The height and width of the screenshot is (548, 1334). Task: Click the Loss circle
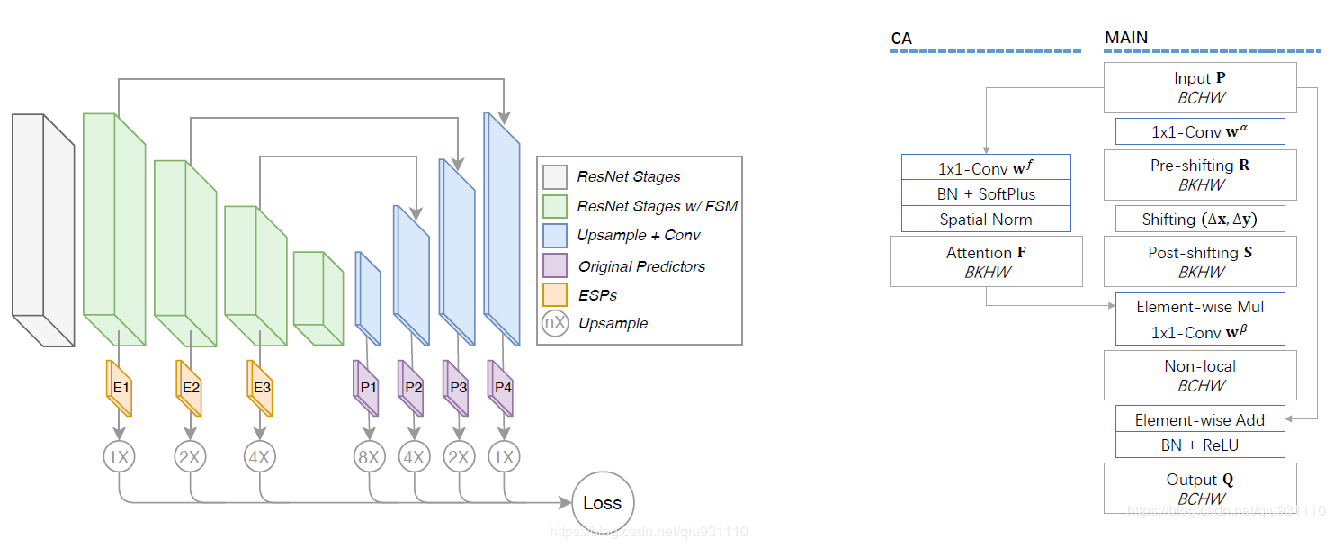[x=603, y=503]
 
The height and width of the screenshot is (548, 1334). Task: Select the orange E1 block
[x=119, y=388]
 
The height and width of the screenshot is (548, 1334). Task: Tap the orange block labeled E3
[x=260, y=388]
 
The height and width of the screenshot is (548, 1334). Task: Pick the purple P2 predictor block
[x=411, y=388]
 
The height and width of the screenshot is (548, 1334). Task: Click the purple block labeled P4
[x=500, y=388]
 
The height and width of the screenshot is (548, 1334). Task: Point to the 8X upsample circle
[x=369, y=457]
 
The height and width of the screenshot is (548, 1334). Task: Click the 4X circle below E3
[x=260, y=457]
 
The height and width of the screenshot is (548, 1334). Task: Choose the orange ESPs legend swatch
[x=555, y=294]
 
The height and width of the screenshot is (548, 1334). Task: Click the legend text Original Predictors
[x=641, y=266]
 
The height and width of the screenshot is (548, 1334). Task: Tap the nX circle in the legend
[x=555, y=323]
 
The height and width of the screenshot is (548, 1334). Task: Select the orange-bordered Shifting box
[x=1200, y=219]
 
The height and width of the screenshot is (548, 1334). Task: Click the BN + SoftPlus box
[x=986, y=193]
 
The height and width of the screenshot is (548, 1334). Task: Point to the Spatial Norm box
[x=986, y=220]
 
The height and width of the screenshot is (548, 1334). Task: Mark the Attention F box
[x=986, y=262]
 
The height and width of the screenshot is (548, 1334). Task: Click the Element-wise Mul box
[x=1200, y=306]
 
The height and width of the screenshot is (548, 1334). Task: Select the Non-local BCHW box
[x=1200, y=375]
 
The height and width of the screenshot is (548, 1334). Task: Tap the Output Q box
[x=1200, y=489]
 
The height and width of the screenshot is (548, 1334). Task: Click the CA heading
[x=901, y=39]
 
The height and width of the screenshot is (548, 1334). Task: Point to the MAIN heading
[x=1126, y=38]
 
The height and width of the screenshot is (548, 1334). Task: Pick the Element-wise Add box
[x=1200, y=419]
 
